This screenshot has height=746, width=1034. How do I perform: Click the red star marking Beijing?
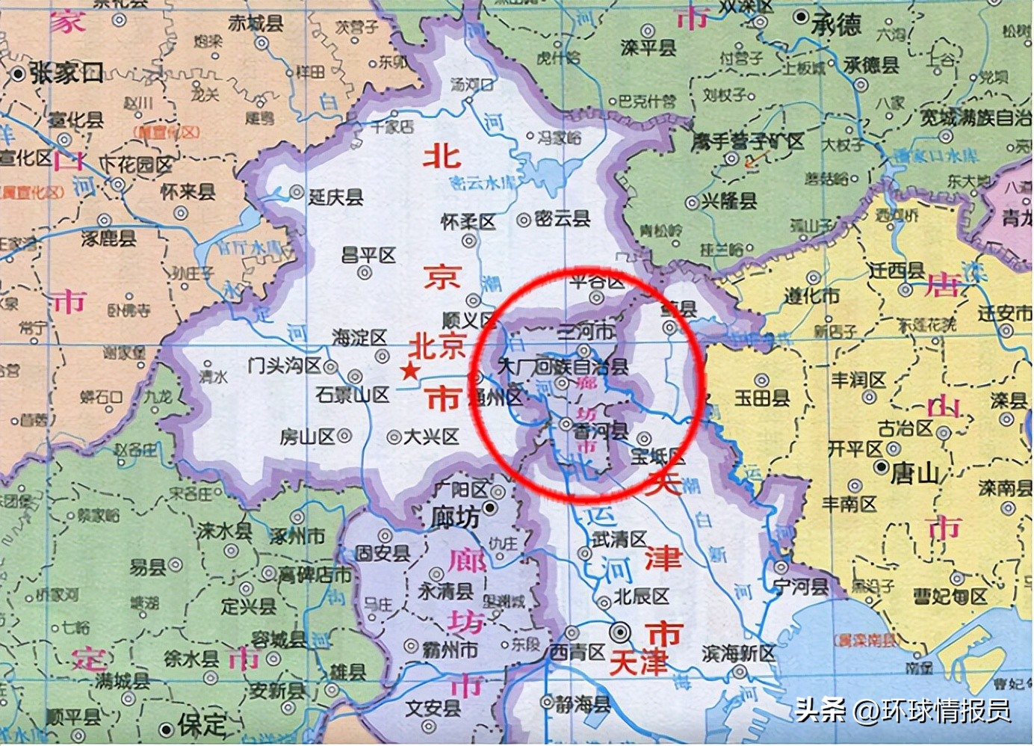[409, 371]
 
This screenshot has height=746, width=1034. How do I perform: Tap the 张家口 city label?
[66, 73]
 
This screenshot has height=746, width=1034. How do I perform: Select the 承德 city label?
[837, 25]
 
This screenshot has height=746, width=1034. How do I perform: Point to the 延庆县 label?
[335, 197]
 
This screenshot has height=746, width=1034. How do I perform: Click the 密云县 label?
[562, 218]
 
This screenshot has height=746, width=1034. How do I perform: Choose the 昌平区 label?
[368, 256]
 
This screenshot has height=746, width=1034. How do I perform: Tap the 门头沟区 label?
[285, 366]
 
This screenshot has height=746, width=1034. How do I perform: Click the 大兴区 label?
[431, 437]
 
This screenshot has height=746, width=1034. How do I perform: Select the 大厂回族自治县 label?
[563, 366]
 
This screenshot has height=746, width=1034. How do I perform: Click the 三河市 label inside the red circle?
[586, 331]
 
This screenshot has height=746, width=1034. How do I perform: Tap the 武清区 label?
[619, 539]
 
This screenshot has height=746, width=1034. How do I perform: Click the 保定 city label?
[201, 724]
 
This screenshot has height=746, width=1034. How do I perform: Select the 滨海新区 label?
[738, 653]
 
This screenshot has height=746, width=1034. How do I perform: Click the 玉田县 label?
[762, 397]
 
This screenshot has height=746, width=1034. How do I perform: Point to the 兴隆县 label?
[728, 201]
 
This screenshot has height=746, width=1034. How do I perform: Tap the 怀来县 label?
[188, 192]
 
